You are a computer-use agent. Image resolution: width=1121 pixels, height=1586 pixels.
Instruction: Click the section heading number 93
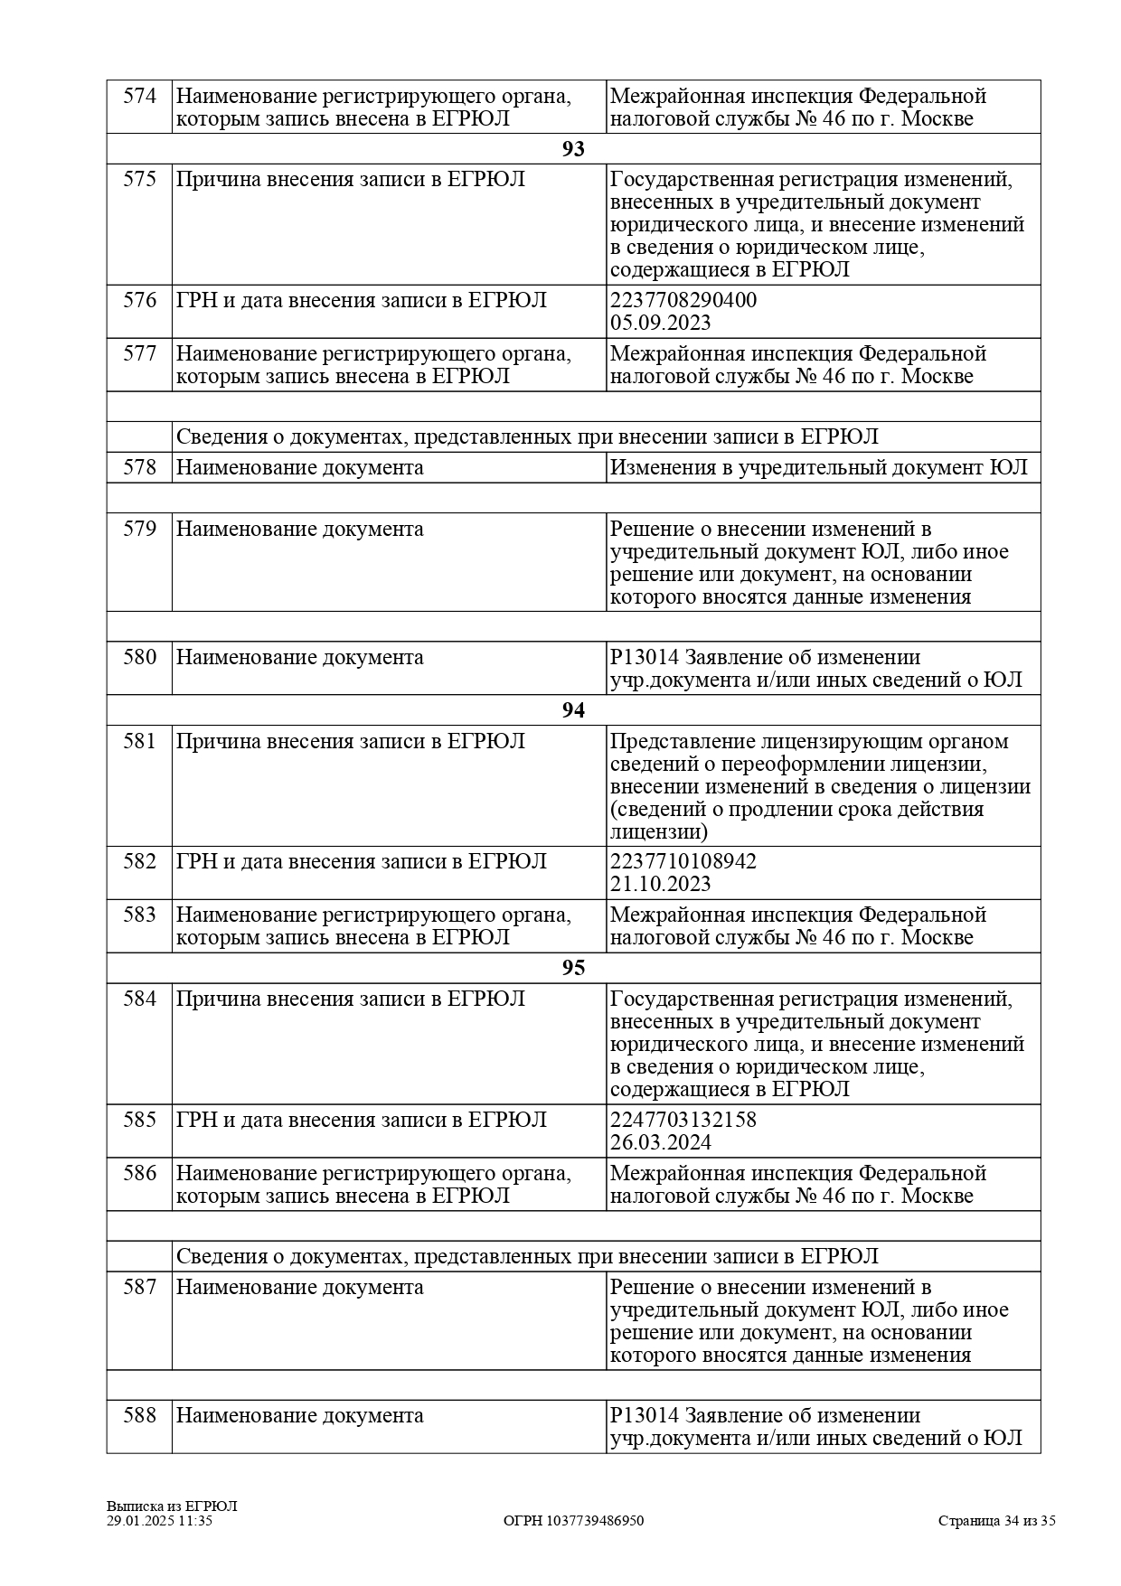tap(573, 149)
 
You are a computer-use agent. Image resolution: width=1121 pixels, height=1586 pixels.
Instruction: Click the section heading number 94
tap(573, 710)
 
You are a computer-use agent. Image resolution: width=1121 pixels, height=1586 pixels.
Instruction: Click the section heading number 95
tap(573, 968)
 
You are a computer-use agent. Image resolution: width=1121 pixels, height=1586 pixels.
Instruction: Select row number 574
tap(139, 97)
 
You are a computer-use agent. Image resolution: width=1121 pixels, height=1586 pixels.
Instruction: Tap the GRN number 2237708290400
tap(683, 300)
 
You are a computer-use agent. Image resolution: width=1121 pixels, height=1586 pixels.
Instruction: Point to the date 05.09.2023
tap(660, 323)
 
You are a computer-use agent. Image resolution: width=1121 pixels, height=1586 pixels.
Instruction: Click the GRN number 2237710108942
tap(683, 861)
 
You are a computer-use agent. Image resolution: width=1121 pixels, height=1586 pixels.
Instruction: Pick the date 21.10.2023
tap(660, 884)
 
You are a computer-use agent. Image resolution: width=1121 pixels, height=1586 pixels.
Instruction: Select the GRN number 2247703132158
tap(683, 1120)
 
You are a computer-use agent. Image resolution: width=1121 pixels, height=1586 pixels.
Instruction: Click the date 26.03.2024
tap(660, 1142)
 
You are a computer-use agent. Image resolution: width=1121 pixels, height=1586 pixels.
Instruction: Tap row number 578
tap(139, 467)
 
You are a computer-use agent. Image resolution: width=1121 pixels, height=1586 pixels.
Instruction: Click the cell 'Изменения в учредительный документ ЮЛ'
tap(818, 467)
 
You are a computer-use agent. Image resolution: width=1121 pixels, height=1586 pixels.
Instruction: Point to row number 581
tap(139, 742)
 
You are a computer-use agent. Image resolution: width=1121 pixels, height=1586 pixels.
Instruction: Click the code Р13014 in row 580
tap(644, 657)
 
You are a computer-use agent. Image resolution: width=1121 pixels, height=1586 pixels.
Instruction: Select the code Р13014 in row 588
tap(644, 1415)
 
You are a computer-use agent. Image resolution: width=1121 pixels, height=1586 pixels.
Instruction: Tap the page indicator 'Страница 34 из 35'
tap(996, 1521)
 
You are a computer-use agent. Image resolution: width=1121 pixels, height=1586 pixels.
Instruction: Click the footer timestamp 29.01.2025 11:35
tap(159, 1521)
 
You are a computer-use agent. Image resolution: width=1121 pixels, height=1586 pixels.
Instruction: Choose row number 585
tap(139, 1120)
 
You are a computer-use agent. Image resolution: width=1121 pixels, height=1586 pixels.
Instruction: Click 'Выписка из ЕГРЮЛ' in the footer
tap(171, 1506)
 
